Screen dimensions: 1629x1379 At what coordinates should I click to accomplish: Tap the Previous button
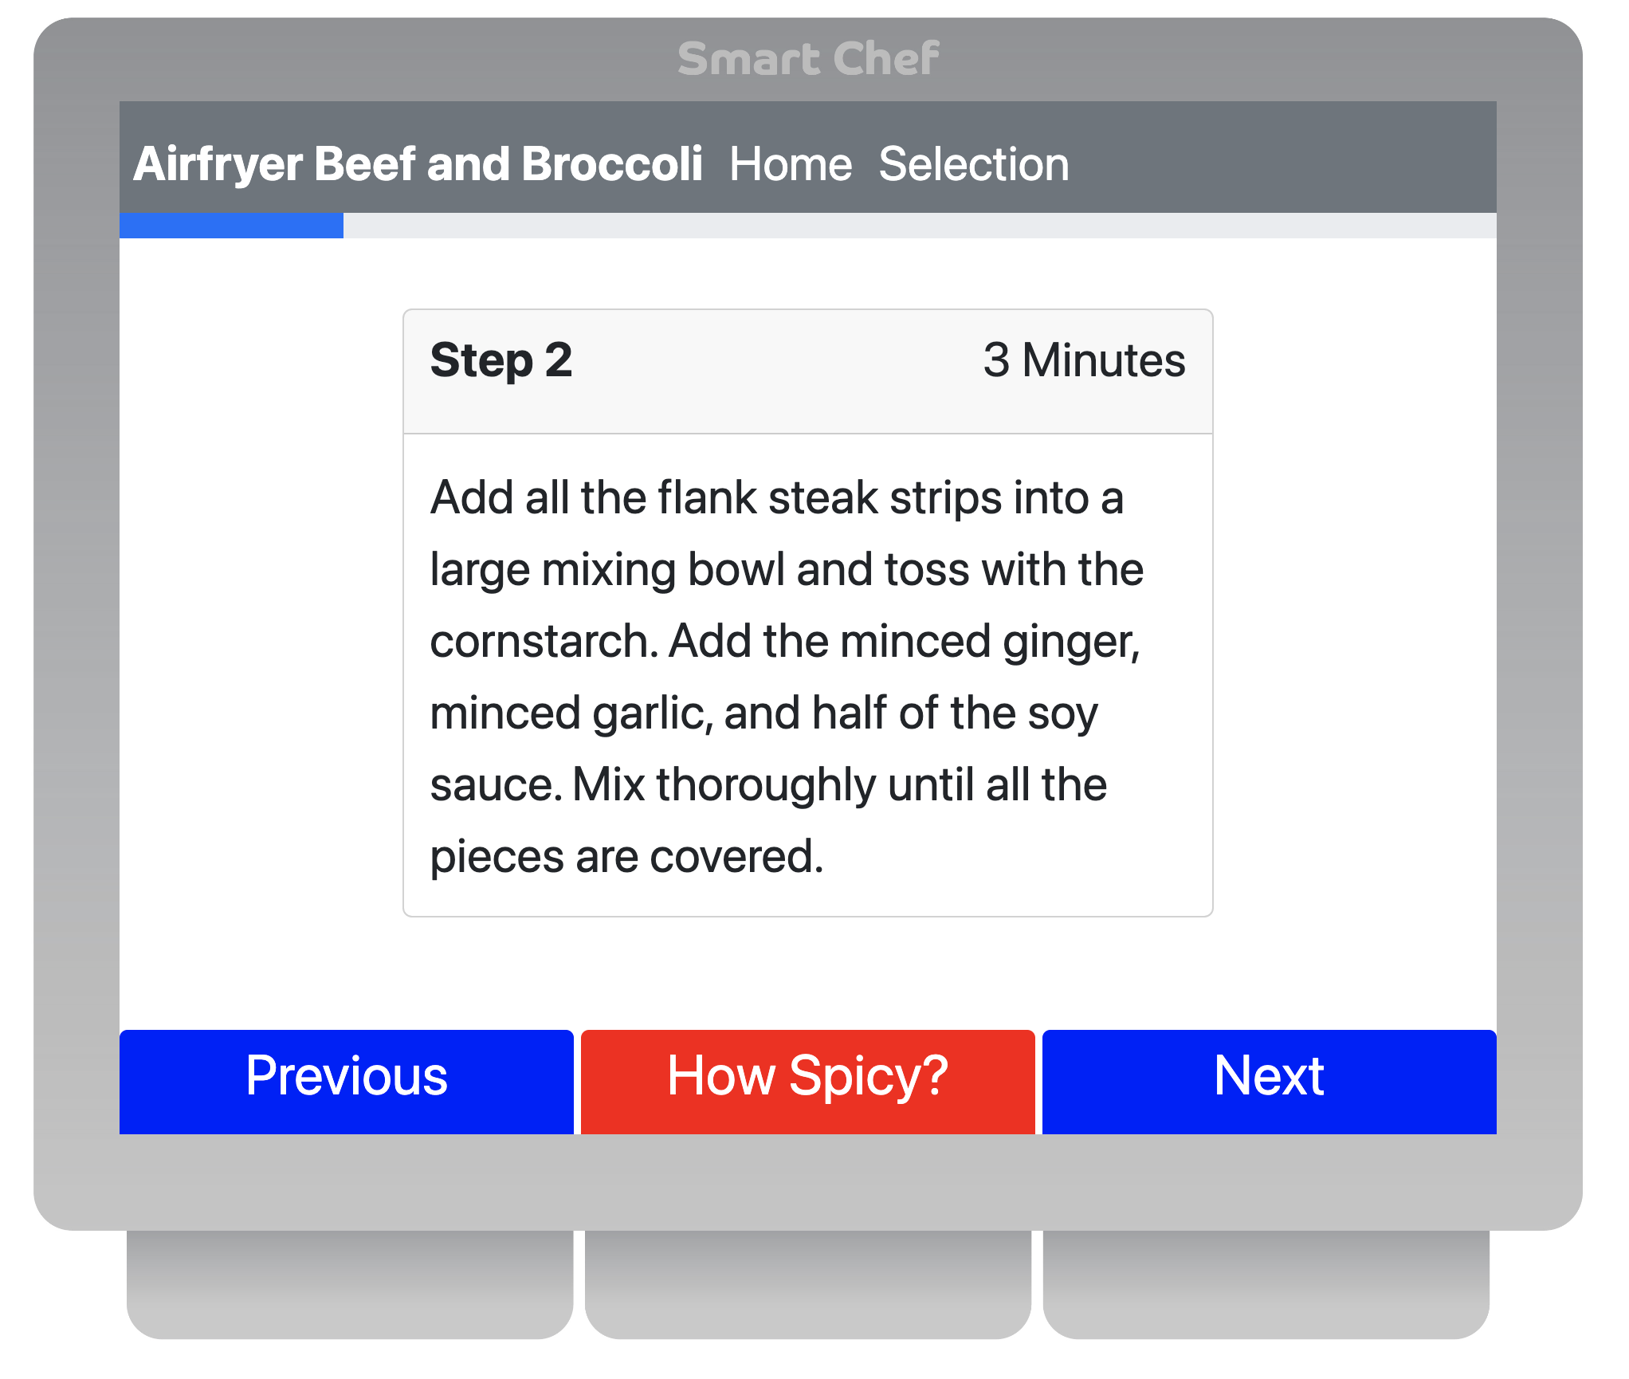pos(346,1081)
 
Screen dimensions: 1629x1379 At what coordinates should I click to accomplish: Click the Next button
pos(1269,1081)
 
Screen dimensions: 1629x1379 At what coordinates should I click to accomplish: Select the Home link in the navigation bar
pos(791,164)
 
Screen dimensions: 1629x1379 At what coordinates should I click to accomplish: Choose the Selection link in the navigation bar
pos(974,164)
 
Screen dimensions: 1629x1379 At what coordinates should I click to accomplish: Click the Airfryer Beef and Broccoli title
pos(418,164)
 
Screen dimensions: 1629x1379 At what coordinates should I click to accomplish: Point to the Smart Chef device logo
pos(808,58)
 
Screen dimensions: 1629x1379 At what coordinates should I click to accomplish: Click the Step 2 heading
pos(501,360)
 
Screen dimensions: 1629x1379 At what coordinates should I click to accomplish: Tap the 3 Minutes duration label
pos(1084,360)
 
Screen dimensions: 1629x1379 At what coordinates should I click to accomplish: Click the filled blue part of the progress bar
pos(231,225)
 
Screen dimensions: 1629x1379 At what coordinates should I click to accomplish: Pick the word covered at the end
pos(736,858)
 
